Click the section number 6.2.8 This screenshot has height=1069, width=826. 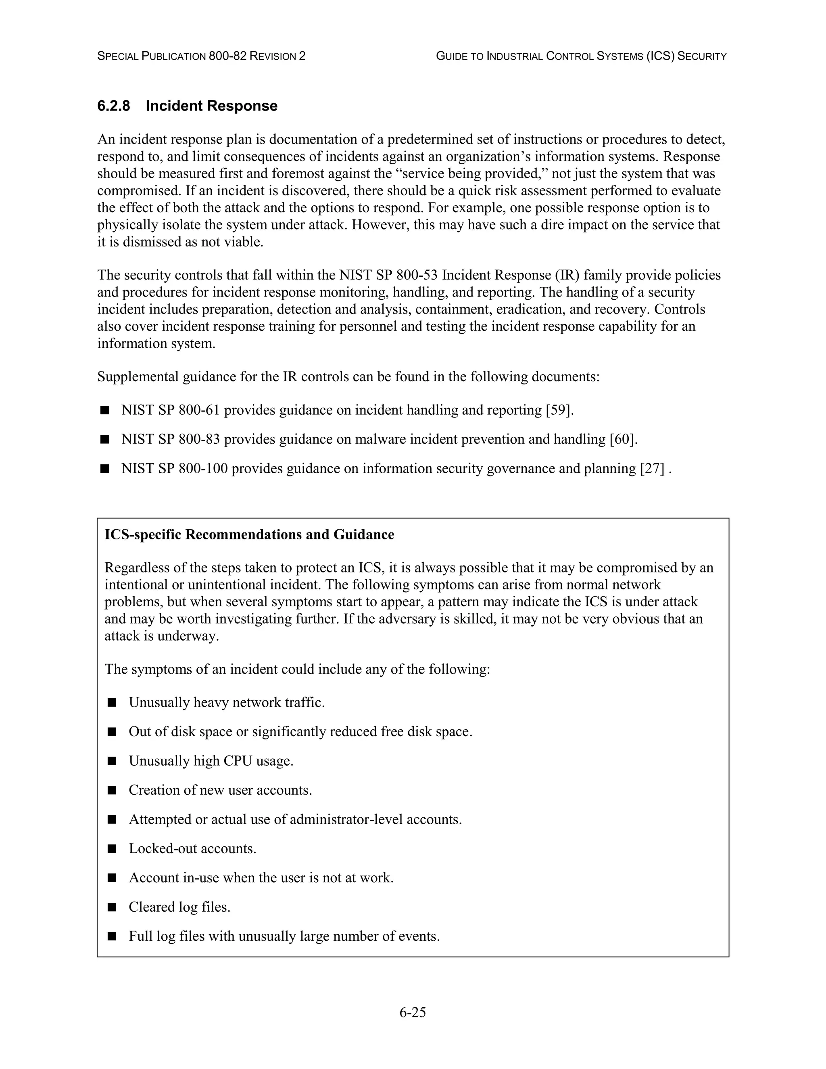(x=113, y=106)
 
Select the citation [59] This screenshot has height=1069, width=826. (x=558, y=410)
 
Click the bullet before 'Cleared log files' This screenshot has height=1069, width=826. (x=112, y=907)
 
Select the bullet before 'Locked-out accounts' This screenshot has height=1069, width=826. (x=112, y=848)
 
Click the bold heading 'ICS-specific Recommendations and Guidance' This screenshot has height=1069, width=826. (x=249, y=534)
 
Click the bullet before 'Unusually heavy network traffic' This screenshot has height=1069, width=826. (x=112, y=703)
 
